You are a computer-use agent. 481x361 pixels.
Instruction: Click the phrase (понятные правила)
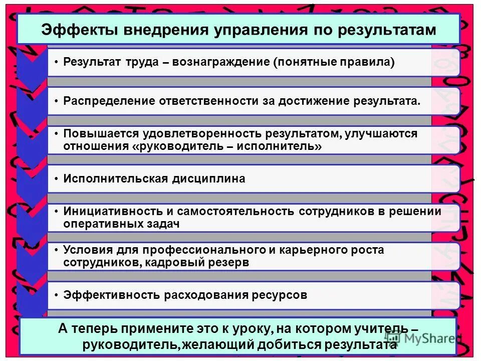334,62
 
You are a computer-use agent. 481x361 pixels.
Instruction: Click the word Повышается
95,134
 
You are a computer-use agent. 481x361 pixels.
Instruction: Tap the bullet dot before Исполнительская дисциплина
57,179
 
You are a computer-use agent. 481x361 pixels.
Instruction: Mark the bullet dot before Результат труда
57,62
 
